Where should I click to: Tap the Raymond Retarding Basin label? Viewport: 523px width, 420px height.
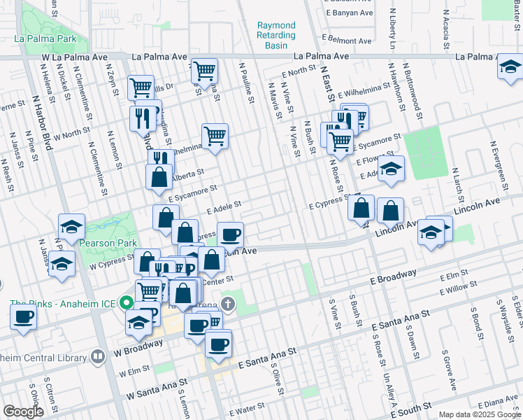(x=276, y=35)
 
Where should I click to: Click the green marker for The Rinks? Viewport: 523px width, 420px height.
(x=126, y=303)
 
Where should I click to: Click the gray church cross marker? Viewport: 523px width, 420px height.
(x=227, y=303)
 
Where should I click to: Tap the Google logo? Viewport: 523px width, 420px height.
(x=22, y=412)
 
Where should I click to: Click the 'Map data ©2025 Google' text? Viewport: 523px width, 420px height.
(x=479, y=414)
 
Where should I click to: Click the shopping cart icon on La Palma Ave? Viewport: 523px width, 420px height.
(x=205, y=69)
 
